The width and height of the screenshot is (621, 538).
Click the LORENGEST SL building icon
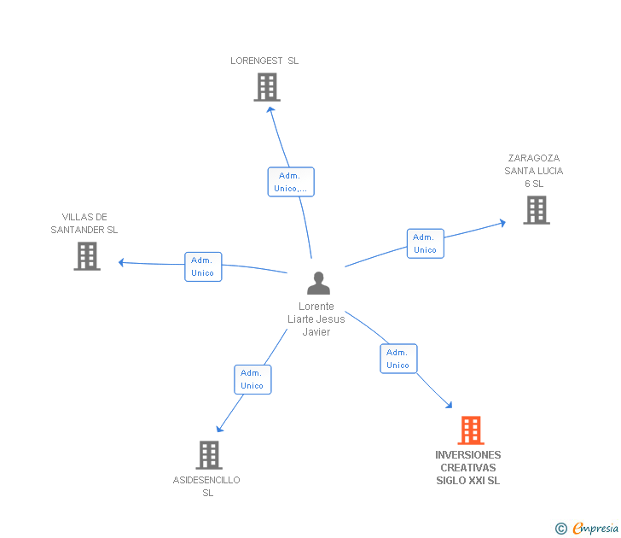[x=267, y=87]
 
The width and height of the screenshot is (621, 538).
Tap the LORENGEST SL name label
[x=264, y=61]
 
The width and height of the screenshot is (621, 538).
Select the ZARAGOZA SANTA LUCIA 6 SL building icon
[x=536, y=210]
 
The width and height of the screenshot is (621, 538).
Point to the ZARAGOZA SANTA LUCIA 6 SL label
[x=534, y=171]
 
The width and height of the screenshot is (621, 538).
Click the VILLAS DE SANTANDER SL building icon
[x=87, y=256]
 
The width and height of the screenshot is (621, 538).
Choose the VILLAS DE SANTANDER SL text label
[x=84, y=224]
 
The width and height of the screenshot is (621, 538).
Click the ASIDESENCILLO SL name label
[x=206, y=486]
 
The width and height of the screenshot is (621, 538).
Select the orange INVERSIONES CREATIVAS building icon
[x=471, y=430]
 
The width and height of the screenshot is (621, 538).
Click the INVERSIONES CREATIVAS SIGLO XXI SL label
[x=468, y=467]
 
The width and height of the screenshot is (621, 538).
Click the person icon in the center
[x=318, y=284]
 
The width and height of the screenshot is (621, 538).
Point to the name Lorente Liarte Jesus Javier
[x=316, y=319]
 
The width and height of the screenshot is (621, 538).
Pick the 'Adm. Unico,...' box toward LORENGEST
[x=291, y=182]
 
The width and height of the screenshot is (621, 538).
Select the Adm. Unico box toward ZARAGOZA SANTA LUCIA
[x=425, y=243]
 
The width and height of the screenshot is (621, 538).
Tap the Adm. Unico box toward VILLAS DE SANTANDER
[x=203, y=266]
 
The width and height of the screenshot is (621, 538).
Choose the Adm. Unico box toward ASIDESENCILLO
[x=252, y=379]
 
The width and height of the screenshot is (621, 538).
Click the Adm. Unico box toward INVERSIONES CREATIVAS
[x=398, y=359]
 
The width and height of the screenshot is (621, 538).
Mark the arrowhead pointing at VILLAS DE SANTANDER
[x=122, y=262]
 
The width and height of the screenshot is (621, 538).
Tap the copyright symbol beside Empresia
[x=561, y=529]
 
